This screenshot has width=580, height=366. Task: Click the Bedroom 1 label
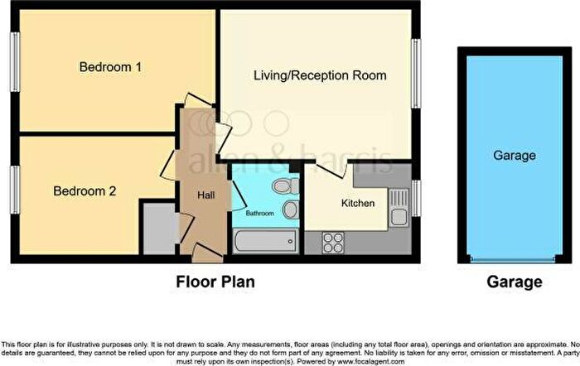click(x=110, y=67)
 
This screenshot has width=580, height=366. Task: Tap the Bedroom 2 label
click(x=85, y=190)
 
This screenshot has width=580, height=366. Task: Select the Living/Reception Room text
click(x=320, y=75)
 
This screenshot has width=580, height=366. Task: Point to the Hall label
click(x=206, y=195)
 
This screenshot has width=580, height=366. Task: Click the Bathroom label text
click(x=259, y=214)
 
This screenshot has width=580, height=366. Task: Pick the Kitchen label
click(x=358, y=203)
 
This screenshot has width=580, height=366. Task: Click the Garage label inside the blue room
click(x=515, y=156)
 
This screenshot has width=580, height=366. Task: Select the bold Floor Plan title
click(x=215, y=282)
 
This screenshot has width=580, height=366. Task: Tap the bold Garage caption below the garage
click(x=515, y=282)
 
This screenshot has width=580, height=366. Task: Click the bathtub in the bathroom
click(x=266, y=242)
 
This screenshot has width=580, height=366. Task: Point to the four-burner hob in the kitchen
click(x=333, y=243)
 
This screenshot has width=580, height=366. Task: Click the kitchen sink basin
click(x=399, y=217)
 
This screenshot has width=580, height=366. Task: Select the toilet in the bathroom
click(x=286, y=185)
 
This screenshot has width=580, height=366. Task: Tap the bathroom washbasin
click(x=291, y=209)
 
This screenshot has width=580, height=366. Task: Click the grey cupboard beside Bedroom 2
click(x=159, y=229)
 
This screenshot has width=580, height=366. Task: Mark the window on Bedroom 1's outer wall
click(x=15, y=62)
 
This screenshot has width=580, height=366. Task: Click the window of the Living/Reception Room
click(x=416, y=73)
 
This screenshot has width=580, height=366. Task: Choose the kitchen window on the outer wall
click(x=416, y=198)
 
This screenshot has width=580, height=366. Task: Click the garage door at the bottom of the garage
click(x=513, y=259)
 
